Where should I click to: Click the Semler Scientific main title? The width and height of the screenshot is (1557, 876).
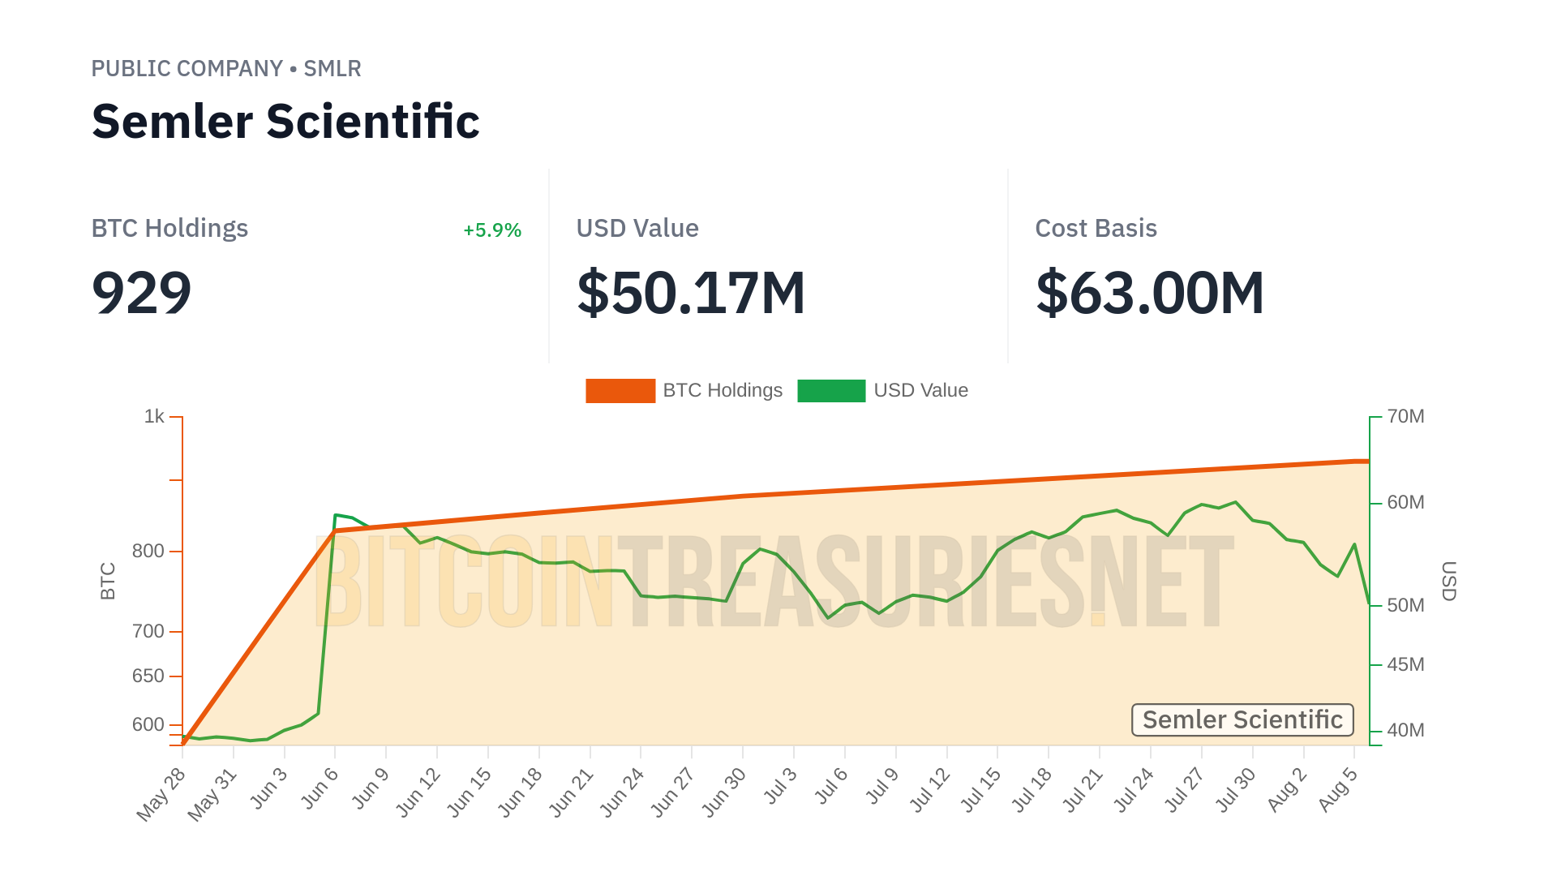coord(285,122)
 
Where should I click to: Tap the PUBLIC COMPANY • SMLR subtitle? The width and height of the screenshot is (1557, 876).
coord(226,69)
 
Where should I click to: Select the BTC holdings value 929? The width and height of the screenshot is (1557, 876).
coord(142,293)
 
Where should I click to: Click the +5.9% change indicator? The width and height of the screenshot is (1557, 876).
coord(491,230)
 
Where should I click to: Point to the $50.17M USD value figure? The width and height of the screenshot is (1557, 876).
coord(691,293)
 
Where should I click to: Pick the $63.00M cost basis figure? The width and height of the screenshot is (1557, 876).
coord(1150,293)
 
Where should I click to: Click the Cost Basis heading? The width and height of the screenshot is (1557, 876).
coord(1096,229)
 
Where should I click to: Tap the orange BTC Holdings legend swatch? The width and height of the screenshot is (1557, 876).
coord(620,391)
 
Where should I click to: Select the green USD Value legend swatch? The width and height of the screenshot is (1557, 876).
coord(831,391)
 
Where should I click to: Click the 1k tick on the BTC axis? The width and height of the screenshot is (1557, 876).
coord(154,417)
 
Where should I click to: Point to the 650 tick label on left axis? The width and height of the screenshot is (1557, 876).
coord(148,676)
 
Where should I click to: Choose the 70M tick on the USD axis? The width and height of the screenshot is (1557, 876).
coord(1405,417)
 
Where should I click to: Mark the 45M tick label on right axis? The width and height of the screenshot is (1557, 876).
coord(1405,665)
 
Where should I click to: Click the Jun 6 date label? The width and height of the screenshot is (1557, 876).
coord(320,788)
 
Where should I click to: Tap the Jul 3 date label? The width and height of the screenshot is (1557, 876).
coord(781,786)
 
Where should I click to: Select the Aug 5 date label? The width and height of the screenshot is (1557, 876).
coord(1337,789)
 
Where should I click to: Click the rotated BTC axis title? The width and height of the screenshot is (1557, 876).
coord(108,581)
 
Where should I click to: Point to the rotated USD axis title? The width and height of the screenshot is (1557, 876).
coord(1448,581)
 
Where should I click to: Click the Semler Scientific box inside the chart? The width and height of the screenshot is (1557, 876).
coord(1242,720)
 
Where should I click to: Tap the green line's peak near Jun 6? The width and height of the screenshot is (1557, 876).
coord(336,515)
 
